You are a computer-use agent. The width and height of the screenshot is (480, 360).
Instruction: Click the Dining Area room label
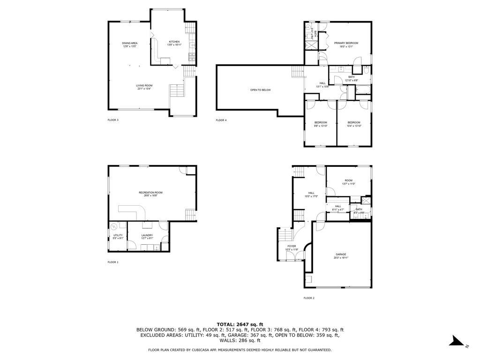[x=130, y=43]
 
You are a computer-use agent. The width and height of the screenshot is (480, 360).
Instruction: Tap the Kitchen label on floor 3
[x=174, y=42]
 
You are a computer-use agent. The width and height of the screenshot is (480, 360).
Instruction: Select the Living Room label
[x=144, y=85]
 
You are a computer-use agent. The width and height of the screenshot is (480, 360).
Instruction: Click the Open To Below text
[x=260, y=90]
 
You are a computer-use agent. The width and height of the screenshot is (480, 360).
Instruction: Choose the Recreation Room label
[x=150, y=193]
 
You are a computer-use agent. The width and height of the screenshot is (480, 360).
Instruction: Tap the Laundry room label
[x=147, y=235]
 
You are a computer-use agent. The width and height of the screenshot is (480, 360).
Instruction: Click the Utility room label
[x=118, y=235]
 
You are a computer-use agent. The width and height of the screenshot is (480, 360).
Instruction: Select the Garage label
[x=341, y=255]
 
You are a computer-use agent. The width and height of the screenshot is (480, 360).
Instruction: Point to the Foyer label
[x=292, y=246]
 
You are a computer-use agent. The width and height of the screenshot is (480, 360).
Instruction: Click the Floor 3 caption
[x=113, y=120]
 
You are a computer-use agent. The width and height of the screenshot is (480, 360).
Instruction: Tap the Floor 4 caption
[x=221, y=120]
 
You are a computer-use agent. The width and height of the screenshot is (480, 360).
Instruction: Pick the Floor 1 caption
[x=113, y=262]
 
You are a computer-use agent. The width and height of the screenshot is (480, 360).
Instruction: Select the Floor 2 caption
[x=309, y=298]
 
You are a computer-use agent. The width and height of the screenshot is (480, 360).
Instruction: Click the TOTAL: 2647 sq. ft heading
[x=240, y=324]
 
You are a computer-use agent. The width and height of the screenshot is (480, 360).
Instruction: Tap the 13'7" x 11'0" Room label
[x=348, y=180]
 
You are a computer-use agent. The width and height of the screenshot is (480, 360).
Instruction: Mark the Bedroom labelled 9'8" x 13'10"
[x=321, y=122]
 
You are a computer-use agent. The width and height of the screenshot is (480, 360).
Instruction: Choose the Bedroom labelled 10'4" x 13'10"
[x=354, y=122]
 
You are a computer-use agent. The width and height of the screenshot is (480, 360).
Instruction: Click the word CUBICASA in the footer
[x=223, y=350]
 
